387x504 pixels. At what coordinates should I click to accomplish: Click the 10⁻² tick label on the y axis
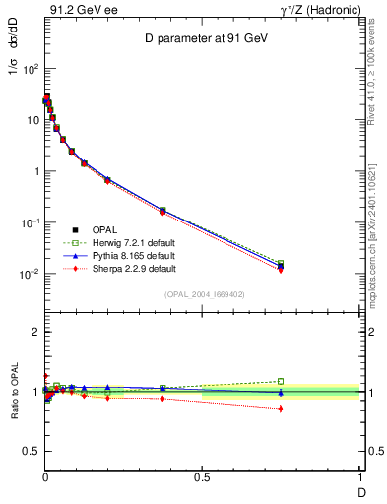pos(29,274)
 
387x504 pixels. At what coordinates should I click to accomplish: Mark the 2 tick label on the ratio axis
pos(35,332)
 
